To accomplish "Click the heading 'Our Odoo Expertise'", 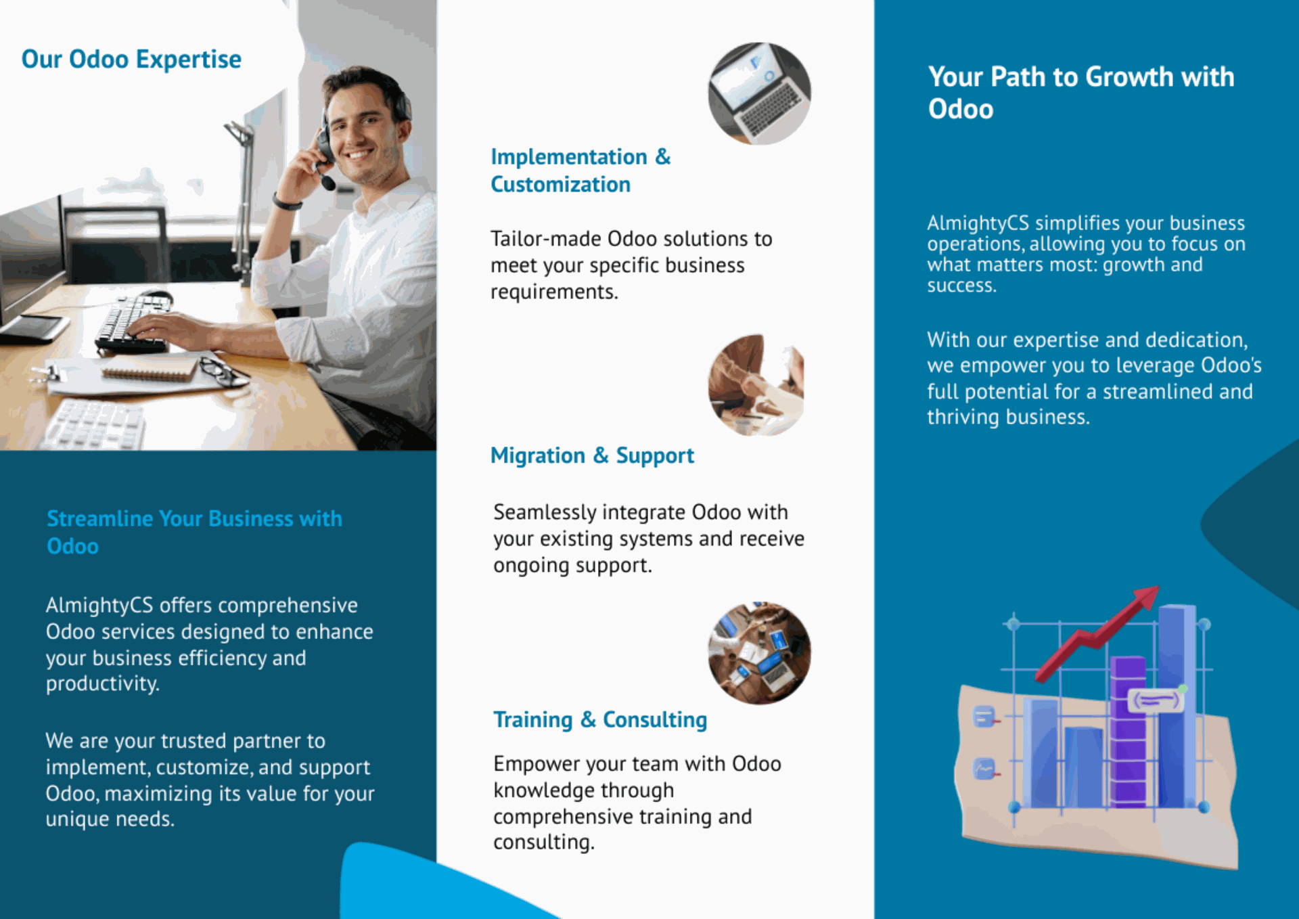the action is tap(131, 60).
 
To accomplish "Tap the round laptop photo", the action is tap(759, 93).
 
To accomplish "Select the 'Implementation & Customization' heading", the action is tap(580, 171).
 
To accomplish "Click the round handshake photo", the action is tap(756, 384).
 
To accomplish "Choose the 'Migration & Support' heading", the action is tap(592, 456).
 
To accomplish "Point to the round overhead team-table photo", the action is tap(759, 653).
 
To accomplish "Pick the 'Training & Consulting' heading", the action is tap(600, 720).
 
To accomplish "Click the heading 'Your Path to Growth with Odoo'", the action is tap(1081, 93).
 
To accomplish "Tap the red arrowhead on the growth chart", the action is tap(1145, 597).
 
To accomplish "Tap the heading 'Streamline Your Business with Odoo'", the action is tap(194, 533).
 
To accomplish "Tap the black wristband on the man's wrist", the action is tap(287, 202).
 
